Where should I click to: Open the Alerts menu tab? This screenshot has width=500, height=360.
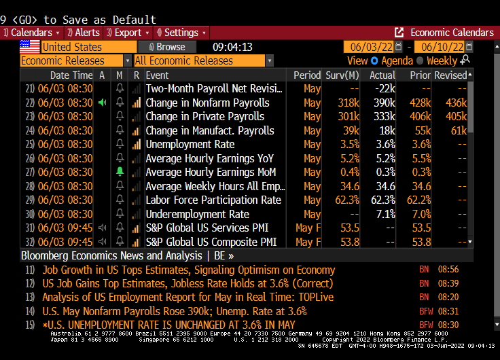tap(86, 33)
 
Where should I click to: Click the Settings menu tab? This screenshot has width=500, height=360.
tap(181, 33)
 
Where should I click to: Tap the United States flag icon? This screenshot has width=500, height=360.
tap(29, 47)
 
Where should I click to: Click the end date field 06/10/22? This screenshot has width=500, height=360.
tap(442, 47)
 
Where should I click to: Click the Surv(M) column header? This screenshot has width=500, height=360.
tap(342, 75)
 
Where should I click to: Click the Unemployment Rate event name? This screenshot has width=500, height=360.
tap(190, 144)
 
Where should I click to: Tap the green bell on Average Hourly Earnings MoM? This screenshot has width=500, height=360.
tap(120, 172)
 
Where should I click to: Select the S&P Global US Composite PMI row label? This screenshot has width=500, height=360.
tap(211, 242)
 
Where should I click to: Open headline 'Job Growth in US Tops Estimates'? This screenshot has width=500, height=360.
tap(188, 270)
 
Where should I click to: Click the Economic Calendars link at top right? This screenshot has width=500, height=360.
tap(452, 33)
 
